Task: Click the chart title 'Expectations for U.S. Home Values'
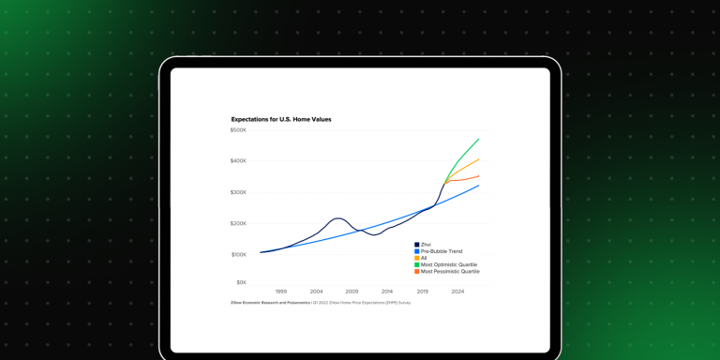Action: [281, 119]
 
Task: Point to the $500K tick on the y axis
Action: [238, 130]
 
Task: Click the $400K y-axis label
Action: [238, 161]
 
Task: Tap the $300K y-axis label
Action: [238, 192]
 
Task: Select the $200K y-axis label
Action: [238, 223]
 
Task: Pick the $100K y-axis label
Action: [238, 254]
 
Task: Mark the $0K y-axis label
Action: [241, 282]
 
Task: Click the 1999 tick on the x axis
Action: [281, 292]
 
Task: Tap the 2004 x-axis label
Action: [317, 292]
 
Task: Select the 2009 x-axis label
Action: [352, 292]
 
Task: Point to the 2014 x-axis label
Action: [387, 292]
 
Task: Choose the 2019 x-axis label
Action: [423, 292]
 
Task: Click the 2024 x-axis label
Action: [457, 292]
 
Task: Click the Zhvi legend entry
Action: [426, 245]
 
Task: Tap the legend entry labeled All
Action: [424, 258]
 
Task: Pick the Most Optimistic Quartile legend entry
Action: [448, 264]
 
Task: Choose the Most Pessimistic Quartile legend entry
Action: [449, 271]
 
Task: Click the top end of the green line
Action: [479, 139]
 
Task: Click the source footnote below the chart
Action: [321, 303]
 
